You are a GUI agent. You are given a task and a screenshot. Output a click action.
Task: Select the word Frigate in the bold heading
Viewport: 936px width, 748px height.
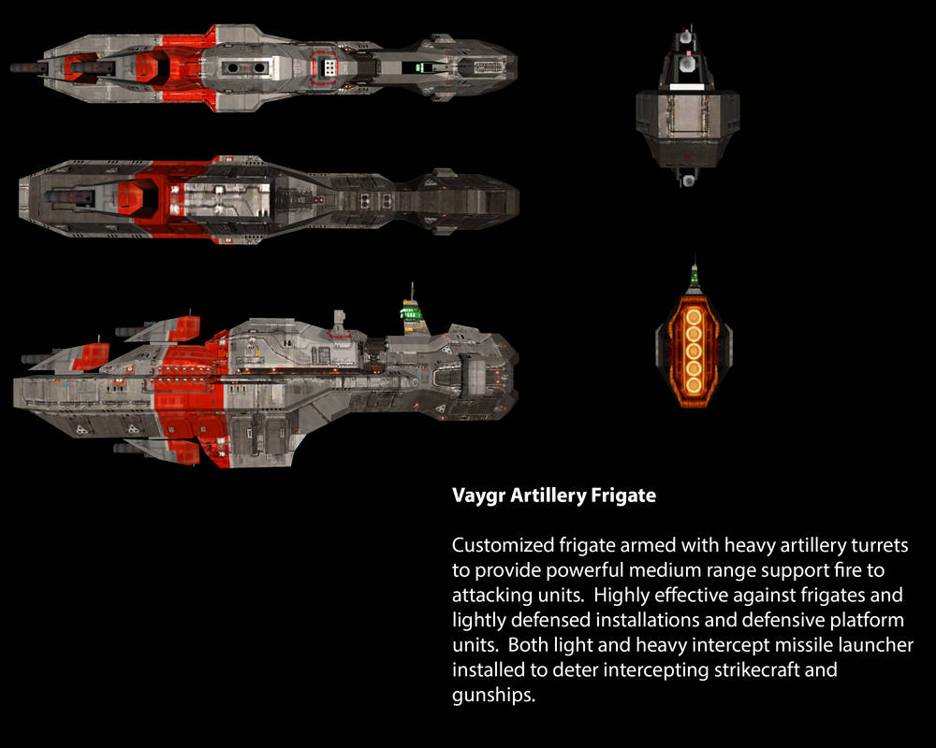(x=622, y=496)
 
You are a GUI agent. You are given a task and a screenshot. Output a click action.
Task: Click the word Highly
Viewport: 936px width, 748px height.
(x=621, y=596)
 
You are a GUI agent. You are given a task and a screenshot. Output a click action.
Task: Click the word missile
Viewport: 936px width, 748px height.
(x=759, y=646)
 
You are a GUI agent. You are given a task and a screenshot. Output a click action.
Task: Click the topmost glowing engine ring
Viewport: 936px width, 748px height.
(x=694, y=317)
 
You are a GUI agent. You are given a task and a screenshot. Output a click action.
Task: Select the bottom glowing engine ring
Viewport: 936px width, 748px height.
(x=694, y=382)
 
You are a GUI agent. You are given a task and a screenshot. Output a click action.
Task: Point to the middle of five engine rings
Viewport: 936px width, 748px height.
(x=694, y=350)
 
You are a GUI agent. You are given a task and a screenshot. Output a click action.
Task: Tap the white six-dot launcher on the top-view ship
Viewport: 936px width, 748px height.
(x=329, y=67)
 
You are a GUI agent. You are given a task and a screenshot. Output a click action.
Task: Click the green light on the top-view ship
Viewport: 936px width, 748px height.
(x=423, y=66)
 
